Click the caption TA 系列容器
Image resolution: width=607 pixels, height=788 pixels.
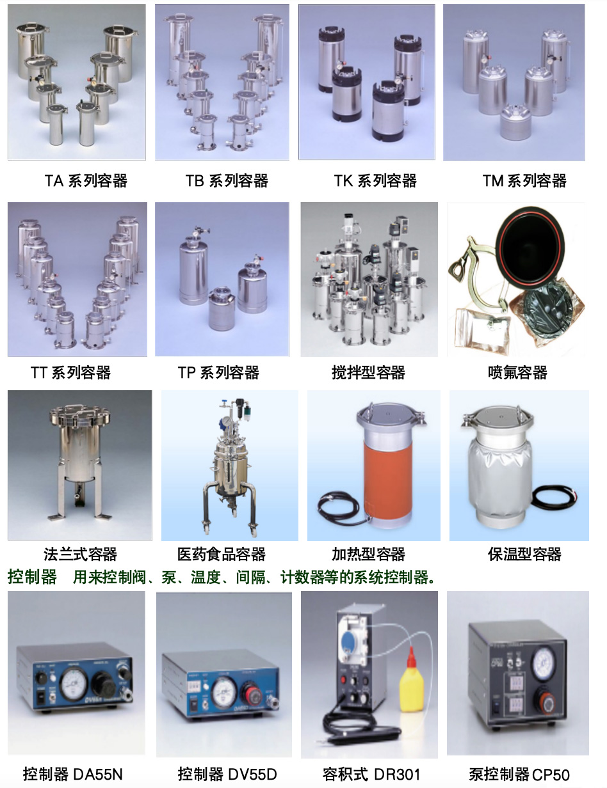[86, 180]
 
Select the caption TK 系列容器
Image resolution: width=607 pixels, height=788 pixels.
[375, 180]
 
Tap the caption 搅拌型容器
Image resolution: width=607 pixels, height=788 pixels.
[368, 372]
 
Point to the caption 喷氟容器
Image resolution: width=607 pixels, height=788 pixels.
[517, 372]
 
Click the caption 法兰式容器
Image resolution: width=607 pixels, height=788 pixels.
[80, 554]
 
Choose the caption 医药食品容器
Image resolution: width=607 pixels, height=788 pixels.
[222, 554]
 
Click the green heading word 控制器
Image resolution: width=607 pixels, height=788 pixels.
[32, 577]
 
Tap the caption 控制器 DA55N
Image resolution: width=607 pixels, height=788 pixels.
[72, 774]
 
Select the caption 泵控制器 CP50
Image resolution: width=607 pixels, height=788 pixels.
[519, 774]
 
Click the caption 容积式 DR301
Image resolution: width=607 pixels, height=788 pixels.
[371, 774]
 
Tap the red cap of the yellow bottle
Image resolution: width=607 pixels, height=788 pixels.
[411, 657]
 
